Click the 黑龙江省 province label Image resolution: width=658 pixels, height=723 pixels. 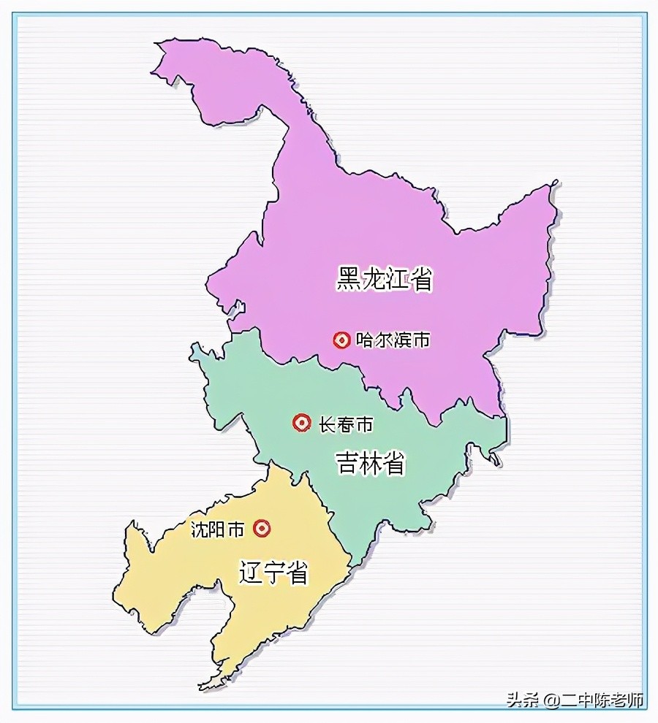(x=385, y=278)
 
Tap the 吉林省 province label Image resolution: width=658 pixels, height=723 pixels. (x=371, y=463)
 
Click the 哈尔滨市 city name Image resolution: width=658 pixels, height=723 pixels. (x=393, y=340)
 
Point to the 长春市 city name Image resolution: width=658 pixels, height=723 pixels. (x=346, y=424)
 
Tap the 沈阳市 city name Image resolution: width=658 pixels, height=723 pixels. (x=217, y=529)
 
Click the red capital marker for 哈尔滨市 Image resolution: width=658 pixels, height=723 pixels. (x=341, y=340)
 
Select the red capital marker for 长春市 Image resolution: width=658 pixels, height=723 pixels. (x=300, y=423)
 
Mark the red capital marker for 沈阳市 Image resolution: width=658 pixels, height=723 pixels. (x=262, y=528)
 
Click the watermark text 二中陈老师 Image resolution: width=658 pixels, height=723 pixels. (x=602, y=700)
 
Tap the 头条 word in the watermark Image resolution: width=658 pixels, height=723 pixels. (x=522, y=700)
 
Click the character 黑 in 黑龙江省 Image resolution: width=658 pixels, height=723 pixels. (x=349, y=278)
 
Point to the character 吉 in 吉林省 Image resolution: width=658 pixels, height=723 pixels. (x=347, y=463)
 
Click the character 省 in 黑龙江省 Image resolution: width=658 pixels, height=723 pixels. (x=421, y=278)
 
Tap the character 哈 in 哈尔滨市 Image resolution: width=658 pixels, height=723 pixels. (x=365, y=340)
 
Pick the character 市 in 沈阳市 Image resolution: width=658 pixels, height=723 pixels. (x=235, y=529)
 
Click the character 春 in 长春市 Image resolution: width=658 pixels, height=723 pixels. (x=346, y=424)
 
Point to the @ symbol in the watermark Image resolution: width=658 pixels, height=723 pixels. (x=551, y=700)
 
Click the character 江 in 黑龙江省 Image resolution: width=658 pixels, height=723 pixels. (x=397, y=278)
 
